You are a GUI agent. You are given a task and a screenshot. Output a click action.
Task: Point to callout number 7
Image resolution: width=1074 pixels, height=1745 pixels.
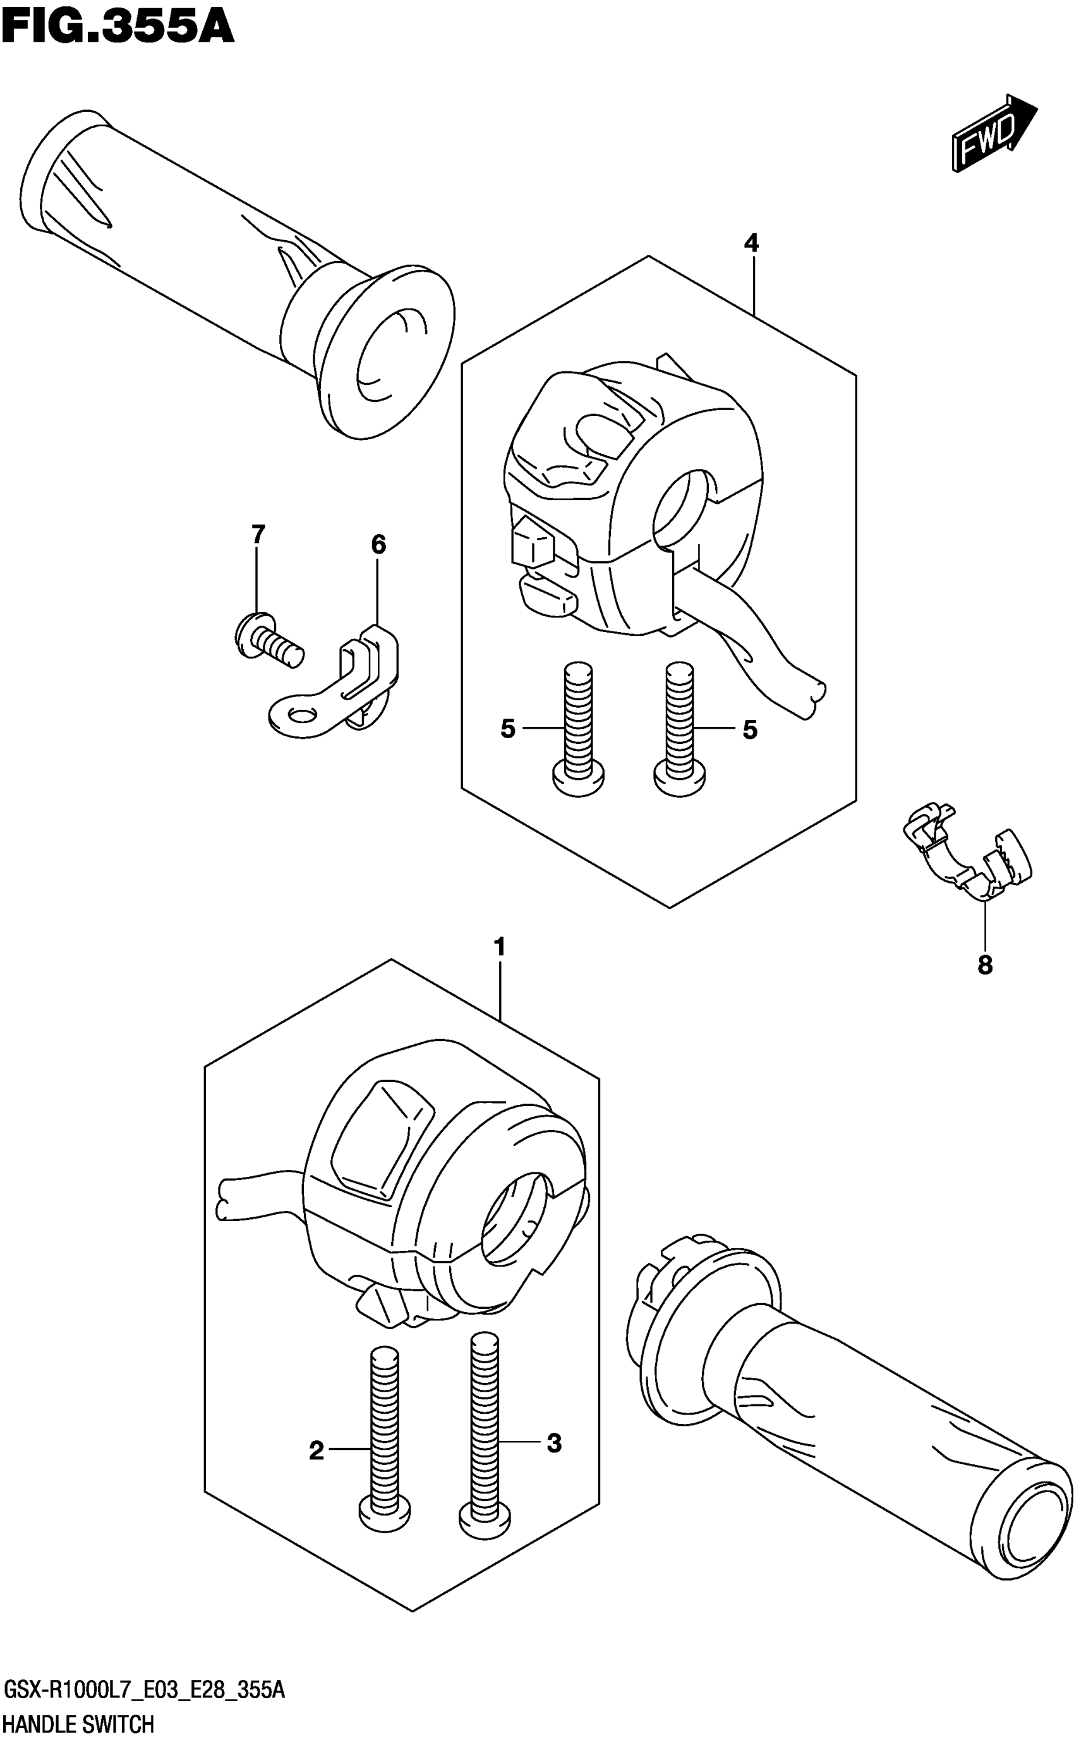coord(258,533)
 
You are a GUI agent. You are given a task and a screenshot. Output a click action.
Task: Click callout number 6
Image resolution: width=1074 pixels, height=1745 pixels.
coord(378,545)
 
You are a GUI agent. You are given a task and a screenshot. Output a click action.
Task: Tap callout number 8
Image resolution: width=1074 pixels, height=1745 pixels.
coord(984,965)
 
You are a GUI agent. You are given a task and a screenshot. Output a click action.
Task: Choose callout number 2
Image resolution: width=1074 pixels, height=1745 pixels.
coord(317,1451)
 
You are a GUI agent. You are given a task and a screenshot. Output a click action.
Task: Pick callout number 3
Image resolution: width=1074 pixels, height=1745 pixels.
coord(554,1443)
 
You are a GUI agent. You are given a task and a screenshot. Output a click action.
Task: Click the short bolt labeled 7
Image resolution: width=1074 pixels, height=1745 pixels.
coord(267,637)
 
